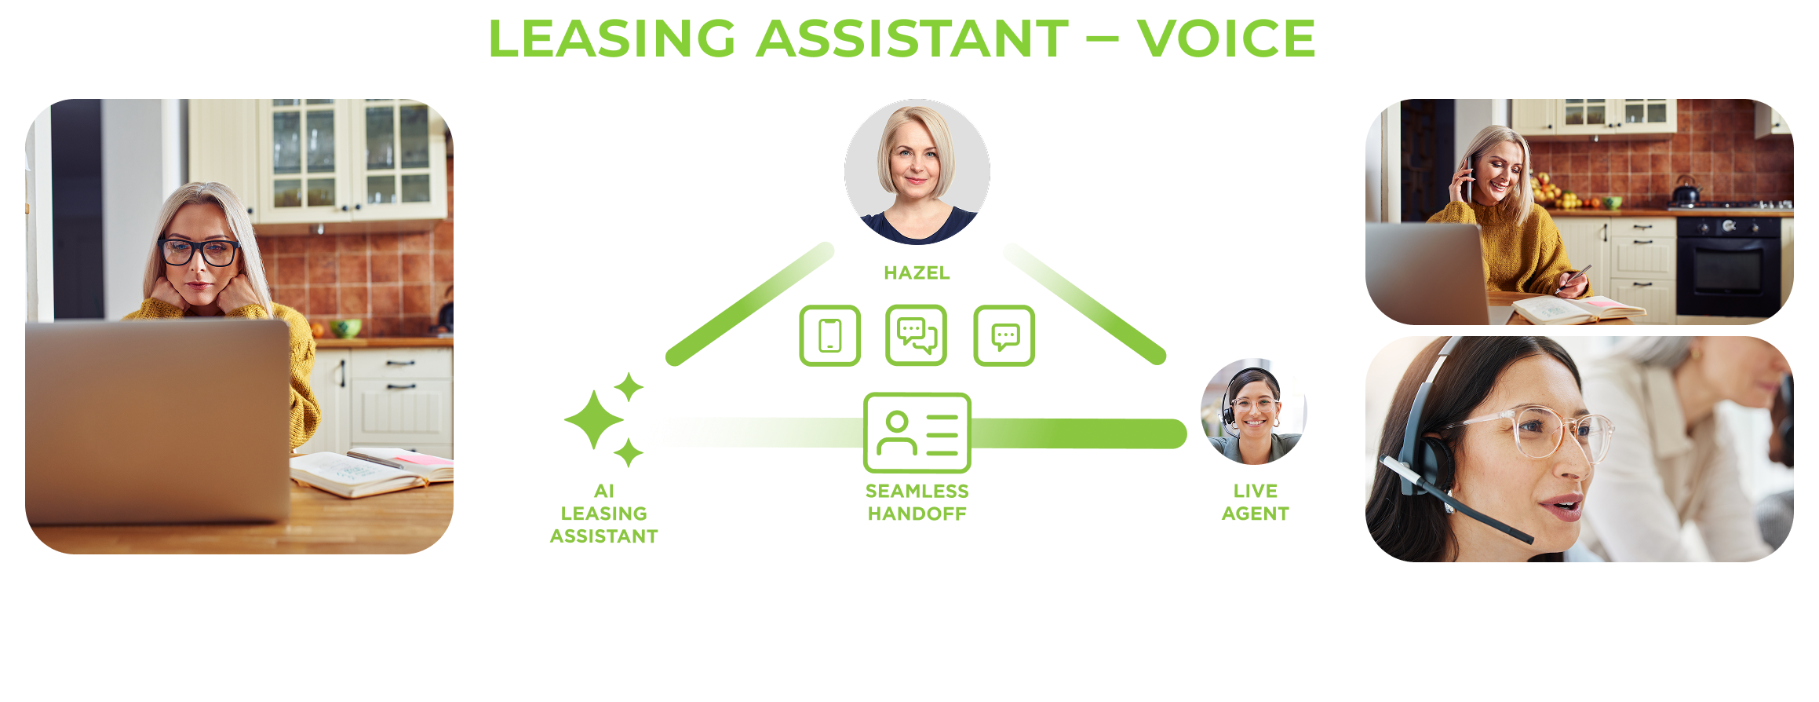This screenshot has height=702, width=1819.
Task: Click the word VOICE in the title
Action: [1226, 38]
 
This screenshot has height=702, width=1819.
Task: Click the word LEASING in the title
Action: [611, 38]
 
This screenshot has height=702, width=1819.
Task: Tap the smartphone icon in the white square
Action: [829, 335]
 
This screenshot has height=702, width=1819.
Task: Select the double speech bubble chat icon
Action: [917, 335]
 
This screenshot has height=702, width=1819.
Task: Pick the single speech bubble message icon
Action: [1004, 335]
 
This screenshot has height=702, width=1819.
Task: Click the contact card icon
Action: [917, 433]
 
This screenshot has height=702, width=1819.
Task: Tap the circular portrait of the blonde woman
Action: [917, 171]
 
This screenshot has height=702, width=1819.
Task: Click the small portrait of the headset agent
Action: [1252, 419]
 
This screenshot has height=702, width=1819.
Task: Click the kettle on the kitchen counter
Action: [1685, 191]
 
